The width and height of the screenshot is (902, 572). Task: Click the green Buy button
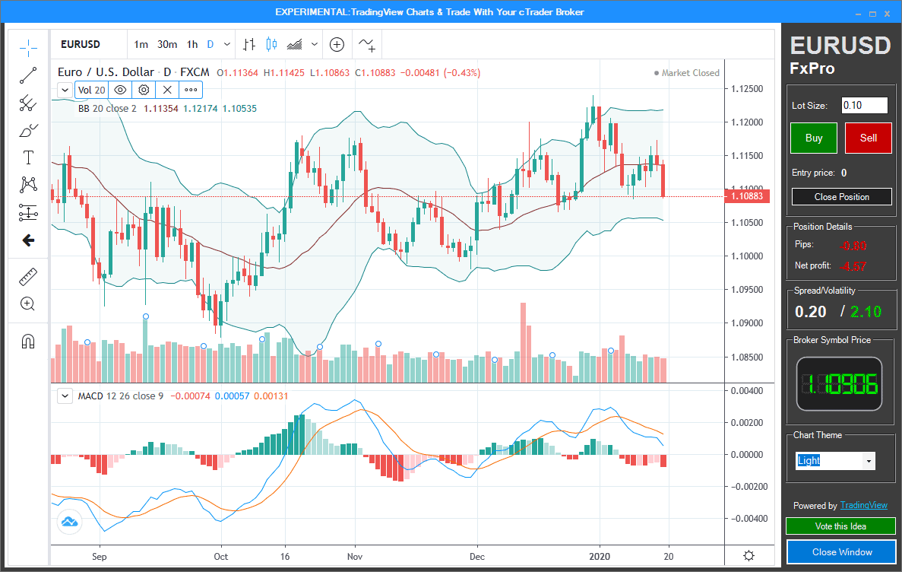(813, 138)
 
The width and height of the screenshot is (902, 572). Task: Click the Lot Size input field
(864, 106)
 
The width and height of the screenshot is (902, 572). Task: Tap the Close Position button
(841, 196)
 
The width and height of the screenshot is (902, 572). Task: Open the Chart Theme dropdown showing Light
(835, 461)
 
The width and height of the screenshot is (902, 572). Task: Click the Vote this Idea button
(840, 526)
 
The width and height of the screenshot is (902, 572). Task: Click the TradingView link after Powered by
(863, 506)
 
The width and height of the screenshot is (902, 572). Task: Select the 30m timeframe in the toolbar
(167, 45)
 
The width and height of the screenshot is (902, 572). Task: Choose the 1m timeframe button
(141, 45)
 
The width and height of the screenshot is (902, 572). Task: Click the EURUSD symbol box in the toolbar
(81, 45)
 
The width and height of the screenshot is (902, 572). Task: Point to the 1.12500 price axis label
(746, 89)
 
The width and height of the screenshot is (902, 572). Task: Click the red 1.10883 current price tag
(747, 197)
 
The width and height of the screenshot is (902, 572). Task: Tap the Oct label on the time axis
(221, 556)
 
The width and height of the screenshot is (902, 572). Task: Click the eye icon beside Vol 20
(120, 90)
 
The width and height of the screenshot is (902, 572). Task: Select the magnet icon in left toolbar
(28, 341)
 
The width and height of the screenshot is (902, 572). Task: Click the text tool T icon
(28, 157)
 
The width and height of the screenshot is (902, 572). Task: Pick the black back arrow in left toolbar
(28, 240)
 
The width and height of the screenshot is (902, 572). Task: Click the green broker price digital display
(839, 385)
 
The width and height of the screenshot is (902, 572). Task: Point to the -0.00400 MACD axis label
(746, 519)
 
